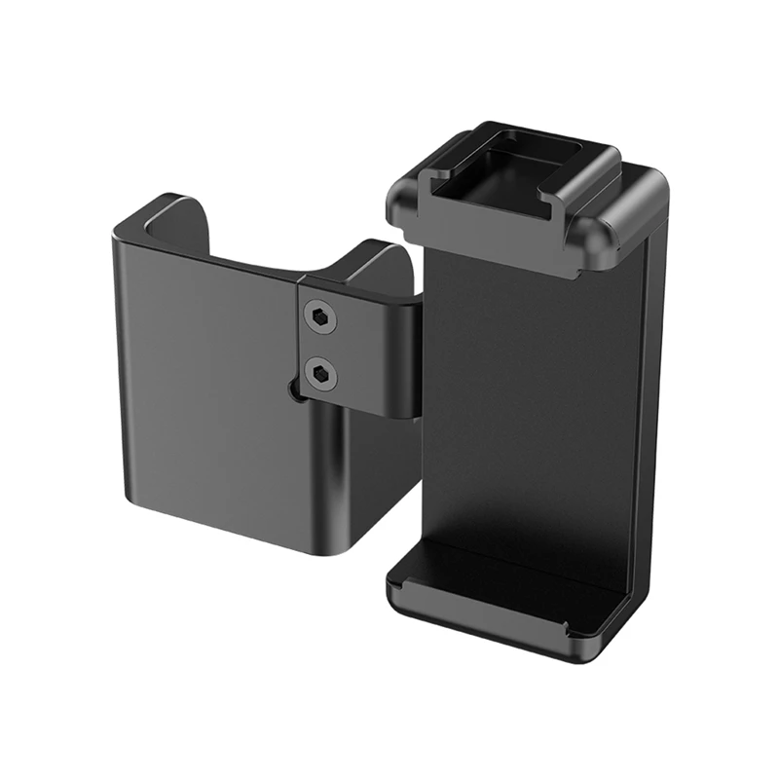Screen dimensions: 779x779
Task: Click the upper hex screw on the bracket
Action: [321, 317]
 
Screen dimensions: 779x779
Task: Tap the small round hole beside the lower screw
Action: [294, 391]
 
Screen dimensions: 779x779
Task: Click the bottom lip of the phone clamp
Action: [506, 604]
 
